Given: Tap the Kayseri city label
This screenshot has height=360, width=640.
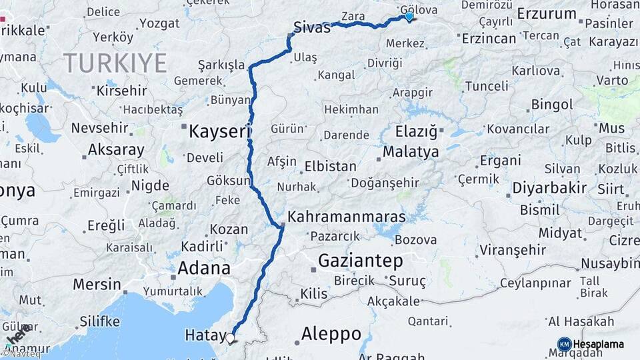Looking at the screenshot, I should (x=218, y=131).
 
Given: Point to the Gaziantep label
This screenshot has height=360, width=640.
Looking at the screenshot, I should (x=361, y=260).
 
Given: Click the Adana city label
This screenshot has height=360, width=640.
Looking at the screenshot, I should (x=204, y=269).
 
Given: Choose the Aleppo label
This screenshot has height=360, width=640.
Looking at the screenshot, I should (x=331, y=333).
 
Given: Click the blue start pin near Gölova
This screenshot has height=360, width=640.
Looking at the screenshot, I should (x=409, y=17).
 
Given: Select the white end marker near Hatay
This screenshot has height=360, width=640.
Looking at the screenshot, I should (x=231, y=338).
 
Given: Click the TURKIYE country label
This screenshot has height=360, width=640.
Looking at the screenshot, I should (x=115, y=63).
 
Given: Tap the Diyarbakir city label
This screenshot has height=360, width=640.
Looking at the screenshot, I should (x=549, y=188).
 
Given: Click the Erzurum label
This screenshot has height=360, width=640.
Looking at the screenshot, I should (x=547, y=13).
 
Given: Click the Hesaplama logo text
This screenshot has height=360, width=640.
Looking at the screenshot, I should (x=599, y=344).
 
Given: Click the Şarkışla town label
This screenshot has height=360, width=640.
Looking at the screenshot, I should (x=221, y=65).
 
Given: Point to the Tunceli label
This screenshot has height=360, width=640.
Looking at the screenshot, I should (x=487, y=86).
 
